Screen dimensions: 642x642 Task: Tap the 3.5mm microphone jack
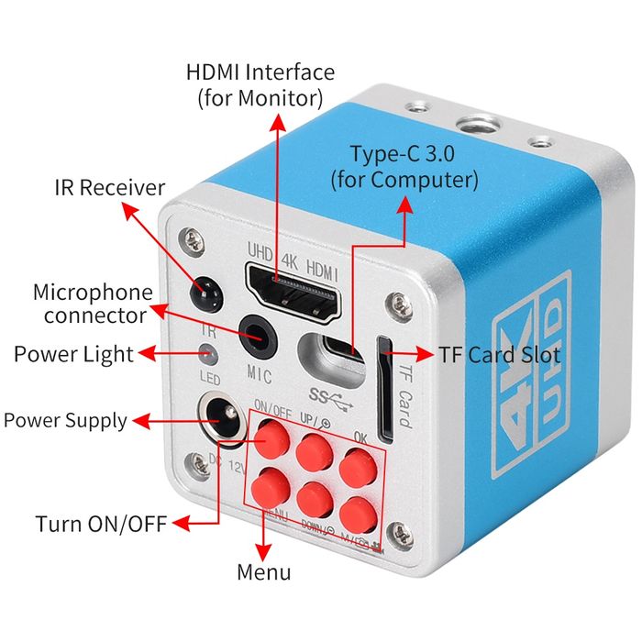259,336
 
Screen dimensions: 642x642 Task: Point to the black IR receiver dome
206,293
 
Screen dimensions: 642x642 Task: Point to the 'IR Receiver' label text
108,188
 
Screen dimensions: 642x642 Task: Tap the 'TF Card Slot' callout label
511,353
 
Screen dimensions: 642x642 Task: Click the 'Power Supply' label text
65,421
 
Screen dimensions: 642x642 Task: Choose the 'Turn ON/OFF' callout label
101,525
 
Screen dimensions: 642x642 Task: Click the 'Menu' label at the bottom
264,572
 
